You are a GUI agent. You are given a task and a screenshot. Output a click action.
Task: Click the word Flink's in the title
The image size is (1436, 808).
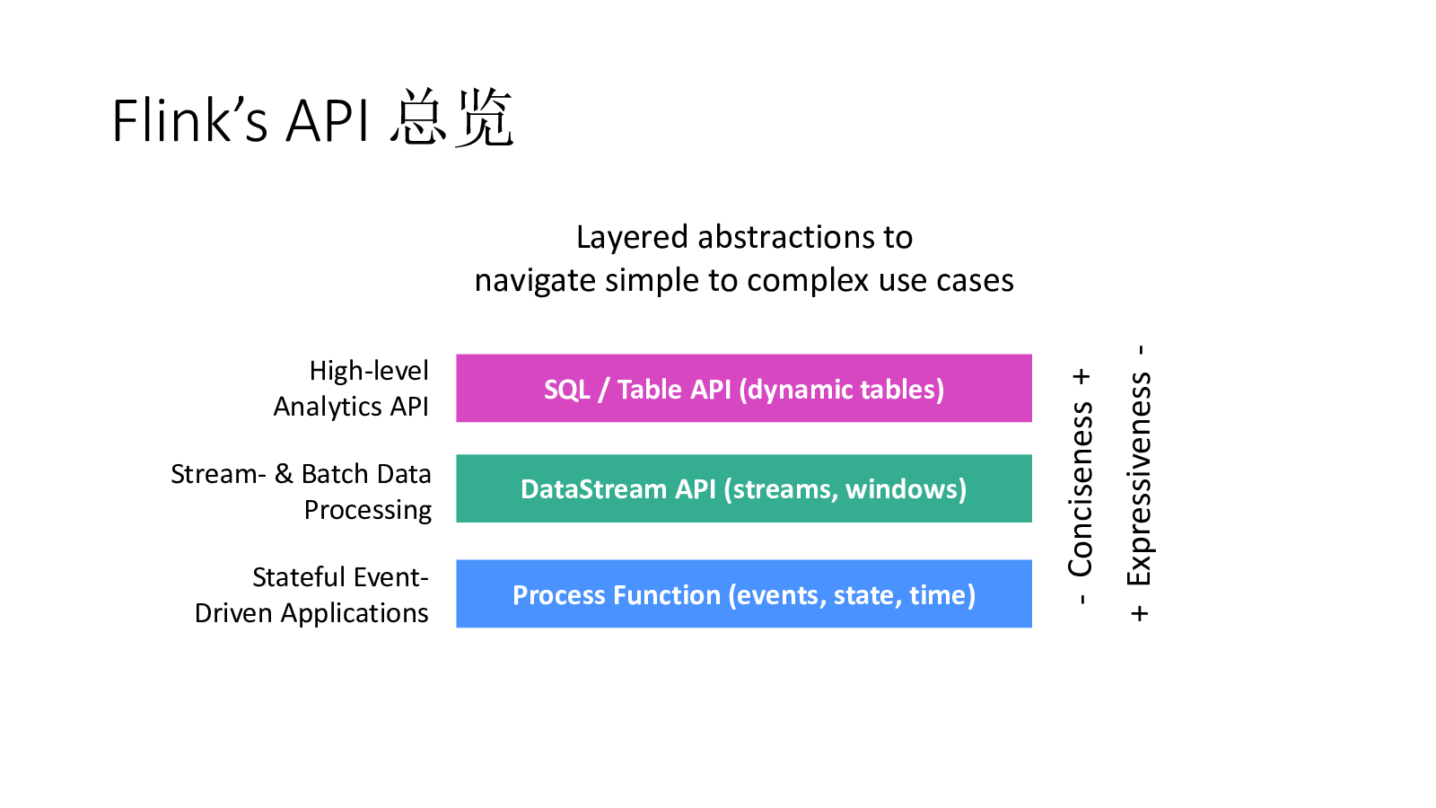coord(189,120)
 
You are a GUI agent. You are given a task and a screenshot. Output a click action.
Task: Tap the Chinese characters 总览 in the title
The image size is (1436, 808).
coord(451,119)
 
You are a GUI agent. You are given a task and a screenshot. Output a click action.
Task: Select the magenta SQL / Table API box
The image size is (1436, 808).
coord(743,388)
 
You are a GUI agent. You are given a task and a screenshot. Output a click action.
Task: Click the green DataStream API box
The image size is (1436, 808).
coord(743,488)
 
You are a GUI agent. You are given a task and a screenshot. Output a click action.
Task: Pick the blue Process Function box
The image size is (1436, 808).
coord(743,593)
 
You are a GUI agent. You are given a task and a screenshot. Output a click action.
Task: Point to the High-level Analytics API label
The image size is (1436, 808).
coord(352,389)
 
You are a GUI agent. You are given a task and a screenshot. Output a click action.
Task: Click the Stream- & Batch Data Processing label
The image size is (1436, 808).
coord(302,492)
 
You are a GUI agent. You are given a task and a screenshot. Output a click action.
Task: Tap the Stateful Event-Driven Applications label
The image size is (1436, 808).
coord(312,594)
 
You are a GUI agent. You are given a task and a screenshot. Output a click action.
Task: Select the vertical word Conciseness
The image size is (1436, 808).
coord(1081,489)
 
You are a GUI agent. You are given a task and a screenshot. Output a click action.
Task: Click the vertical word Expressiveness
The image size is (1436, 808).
coord(1139,479)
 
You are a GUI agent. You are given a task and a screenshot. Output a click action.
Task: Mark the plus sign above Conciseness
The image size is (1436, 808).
coord(1081,376)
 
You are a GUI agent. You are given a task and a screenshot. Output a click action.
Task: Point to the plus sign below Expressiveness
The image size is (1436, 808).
coord(1140,614)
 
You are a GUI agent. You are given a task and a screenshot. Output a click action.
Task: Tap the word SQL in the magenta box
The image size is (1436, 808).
coord(566,390)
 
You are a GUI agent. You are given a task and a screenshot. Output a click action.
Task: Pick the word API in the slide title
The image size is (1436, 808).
coord(327,120)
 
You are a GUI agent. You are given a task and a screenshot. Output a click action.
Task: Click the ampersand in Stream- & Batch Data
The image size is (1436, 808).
coord(284,473)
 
